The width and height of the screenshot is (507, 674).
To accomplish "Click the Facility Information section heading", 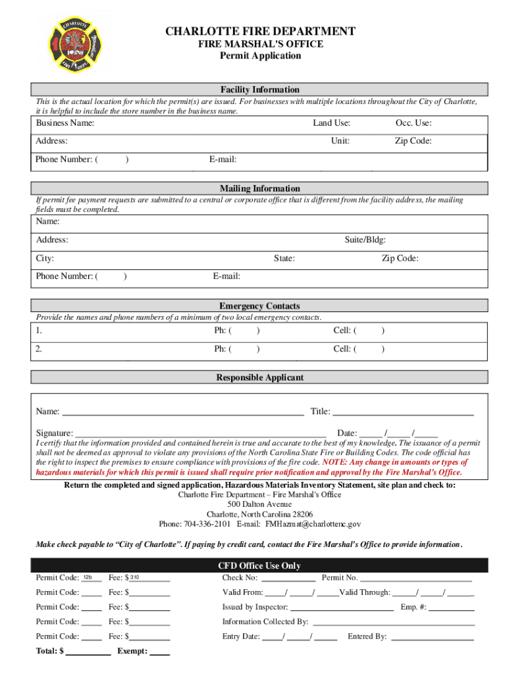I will (x=259, y=90).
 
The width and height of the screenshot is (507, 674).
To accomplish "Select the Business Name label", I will (x=65, y=123).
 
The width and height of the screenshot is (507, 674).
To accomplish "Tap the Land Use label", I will (x=331, y=123).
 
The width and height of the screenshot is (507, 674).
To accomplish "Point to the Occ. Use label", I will (x=414, y=123).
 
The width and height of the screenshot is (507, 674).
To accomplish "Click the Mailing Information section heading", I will (x=259, y=188).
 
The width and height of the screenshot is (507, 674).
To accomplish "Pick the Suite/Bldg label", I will (x=365, y=240).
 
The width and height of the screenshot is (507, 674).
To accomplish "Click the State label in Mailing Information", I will (x=284, y=259).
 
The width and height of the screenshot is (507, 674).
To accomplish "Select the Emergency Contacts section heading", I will (x=259, y=306).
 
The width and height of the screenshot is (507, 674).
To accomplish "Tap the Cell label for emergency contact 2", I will (x=344, y=349).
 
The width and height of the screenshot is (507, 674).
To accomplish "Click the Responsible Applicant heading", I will (x=259, y=378).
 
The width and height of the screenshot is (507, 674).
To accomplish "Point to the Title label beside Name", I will (x=321, y=412).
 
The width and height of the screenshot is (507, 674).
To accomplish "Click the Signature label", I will (x=54, y=433).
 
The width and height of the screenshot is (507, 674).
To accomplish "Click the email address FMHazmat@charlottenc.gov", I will (x=313, y=525).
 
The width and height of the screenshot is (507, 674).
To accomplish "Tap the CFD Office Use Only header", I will (x=259, y=566).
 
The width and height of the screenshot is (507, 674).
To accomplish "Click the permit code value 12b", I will (x=88, y=577).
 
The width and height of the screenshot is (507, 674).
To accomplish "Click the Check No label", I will (x=240, y=578).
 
